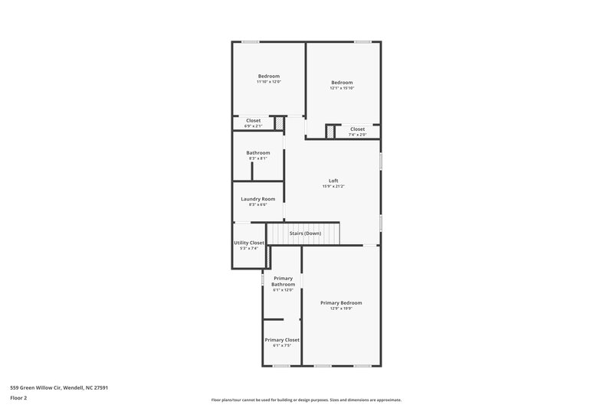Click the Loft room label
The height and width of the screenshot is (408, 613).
(333, 181)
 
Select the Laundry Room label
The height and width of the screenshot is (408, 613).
(257, 199)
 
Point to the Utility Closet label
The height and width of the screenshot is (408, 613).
(249, 243)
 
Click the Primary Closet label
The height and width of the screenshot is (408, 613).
(282, 339)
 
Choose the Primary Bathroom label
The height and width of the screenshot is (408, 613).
(283, 281)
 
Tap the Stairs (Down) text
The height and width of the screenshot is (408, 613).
(305, 233)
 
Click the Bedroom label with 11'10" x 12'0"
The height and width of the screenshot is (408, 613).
(268, 76)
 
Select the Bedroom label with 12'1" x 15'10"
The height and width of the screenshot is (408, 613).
(342, 83)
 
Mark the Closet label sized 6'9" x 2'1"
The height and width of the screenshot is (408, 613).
(253, 120)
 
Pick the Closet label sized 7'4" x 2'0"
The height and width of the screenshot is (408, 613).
(358, 129)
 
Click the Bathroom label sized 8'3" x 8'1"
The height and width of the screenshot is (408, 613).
(257, 152)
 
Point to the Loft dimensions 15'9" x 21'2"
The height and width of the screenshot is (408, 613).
(333, 187)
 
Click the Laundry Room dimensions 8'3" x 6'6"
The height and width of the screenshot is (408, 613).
(257, 205)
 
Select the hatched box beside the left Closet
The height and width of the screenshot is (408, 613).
(280, 122)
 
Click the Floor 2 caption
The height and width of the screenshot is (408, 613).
(19, 398)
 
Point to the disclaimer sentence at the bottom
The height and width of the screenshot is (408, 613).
(306, 400)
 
